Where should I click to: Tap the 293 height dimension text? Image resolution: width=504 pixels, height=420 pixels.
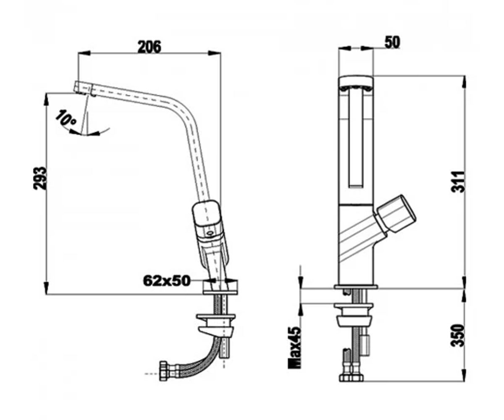[39, 178]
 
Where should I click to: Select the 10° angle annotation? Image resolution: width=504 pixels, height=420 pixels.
[66, 118]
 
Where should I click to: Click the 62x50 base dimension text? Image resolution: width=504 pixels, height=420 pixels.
[166, 281]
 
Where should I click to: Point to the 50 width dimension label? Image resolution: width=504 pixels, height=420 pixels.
[392, 42]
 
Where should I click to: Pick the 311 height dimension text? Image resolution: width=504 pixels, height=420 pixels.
[458, 181]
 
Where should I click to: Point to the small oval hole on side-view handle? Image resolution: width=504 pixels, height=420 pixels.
[210, 234]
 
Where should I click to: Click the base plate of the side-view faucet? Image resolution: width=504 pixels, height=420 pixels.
[220, 287]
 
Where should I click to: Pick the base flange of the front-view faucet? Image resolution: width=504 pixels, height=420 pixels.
[356, 287]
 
